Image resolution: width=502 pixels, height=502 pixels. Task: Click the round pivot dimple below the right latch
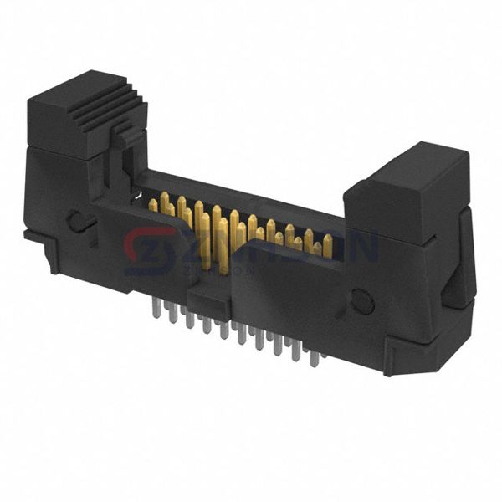tap(362, 300)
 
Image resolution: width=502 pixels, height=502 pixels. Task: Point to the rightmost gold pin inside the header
tap(327, 245)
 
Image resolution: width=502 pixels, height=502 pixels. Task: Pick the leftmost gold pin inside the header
tap(153, 205)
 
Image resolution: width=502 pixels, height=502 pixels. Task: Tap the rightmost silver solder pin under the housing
tap(315, 358)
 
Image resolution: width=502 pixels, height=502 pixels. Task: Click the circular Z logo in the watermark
tap(151, 252)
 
